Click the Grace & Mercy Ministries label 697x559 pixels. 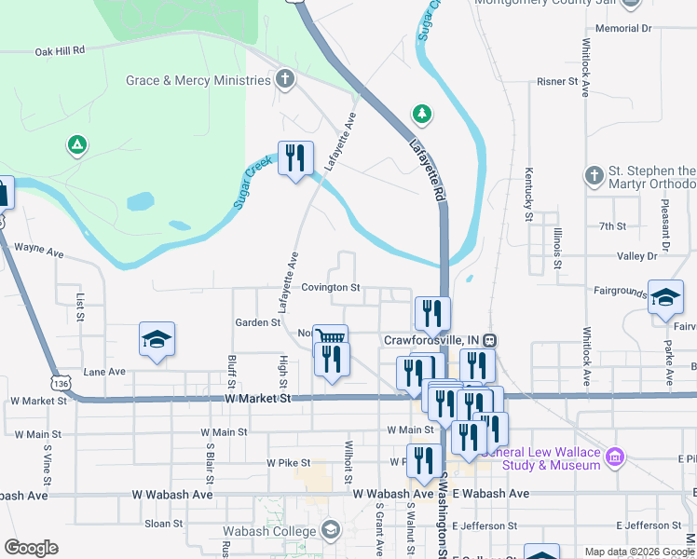[x=198, y=80]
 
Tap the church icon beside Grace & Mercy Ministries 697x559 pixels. [x=285, y=80]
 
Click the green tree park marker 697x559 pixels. [x=423, y=114]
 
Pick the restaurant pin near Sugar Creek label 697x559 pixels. [x=295, y=157]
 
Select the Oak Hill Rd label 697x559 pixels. [x=61, y=50]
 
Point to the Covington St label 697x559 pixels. [x=330, y=288]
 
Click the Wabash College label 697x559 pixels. [x=268, y=531]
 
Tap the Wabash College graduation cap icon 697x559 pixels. [x=329, y=531]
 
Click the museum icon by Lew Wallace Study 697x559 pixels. [x=614, y=457]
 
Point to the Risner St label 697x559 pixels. [x=557, y=82]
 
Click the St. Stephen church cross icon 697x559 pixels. [x=594, y=175]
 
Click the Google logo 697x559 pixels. [x=31, y=548]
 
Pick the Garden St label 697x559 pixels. [x=258, y=322]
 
